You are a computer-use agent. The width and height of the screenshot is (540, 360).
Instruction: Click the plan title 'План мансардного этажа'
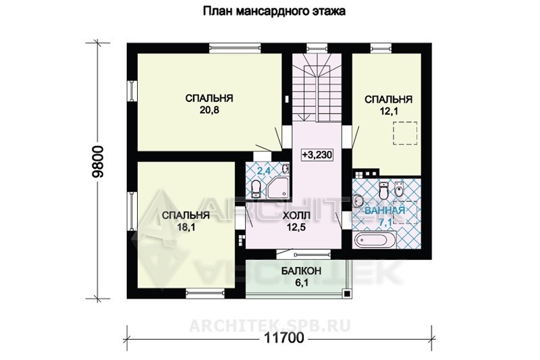point(274,11)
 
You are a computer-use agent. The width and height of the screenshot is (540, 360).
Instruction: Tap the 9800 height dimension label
point(98,161)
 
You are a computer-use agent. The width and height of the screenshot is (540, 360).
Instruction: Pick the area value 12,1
point(389,111)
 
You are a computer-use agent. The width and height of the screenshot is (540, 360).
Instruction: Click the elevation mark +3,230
point(317,155)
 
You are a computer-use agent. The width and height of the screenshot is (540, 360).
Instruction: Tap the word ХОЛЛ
point(296,215)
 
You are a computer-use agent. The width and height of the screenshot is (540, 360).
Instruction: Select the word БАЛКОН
point(301,271)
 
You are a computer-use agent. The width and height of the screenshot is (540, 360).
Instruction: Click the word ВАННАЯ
point(385,210)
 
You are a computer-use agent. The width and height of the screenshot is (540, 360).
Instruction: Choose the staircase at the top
point(317,88)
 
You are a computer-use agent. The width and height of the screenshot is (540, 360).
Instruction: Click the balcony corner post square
point(347,294)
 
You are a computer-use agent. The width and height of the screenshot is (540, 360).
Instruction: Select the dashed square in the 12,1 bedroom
point(405,134)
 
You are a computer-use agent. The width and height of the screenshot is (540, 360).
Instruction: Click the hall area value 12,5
point(296,227)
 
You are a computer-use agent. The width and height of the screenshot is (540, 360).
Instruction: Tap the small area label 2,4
point(263,171)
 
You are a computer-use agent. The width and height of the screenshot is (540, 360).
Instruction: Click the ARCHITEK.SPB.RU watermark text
point(270,325)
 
